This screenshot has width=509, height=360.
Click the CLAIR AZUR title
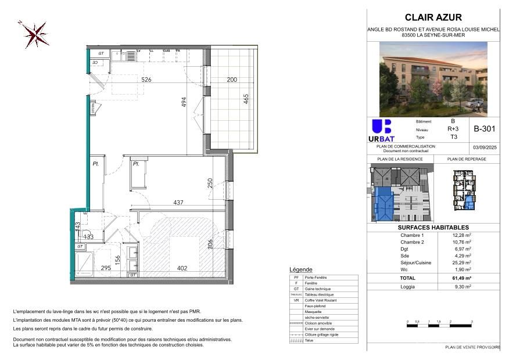point(433,18)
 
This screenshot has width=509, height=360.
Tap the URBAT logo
point(381,131)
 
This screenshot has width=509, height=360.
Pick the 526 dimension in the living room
point(146,80)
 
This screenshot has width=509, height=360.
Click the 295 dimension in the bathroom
point(106,268)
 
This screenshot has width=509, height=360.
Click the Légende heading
point(300,269)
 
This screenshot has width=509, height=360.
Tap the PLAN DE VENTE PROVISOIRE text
point(472,347)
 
